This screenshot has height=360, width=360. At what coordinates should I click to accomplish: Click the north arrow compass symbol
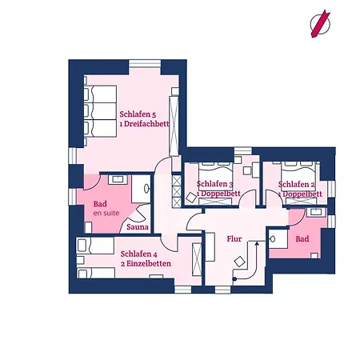(x=320, y=24)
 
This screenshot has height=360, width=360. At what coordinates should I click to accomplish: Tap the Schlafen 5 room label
(x=138, y=114)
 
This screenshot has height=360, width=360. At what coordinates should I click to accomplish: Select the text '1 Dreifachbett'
(x=144, y=124)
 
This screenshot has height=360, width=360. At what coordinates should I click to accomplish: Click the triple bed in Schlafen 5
(x=100, y=111)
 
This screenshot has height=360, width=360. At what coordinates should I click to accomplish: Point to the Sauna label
(x=138, y=227)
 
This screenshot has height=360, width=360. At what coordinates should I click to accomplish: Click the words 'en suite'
(x=106, y=213)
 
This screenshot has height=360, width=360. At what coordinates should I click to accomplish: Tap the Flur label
(x=234, y=238)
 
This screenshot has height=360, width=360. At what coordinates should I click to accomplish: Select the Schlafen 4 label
(x=138, y=254)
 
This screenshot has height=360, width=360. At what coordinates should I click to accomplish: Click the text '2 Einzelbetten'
(x=146, y=264)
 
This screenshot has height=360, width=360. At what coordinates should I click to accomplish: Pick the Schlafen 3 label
(x=215, y=184)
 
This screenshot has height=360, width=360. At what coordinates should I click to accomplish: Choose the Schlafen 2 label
(x=297, y=184)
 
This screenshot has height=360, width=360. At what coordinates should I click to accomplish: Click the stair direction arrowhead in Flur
(x=257, y=243)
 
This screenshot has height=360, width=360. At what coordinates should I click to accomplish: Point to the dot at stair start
(x=234, y=279)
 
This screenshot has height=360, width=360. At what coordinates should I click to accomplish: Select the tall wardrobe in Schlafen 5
(x=174, y=126)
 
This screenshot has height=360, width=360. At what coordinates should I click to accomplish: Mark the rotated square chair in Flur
(x=239, y=262)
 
